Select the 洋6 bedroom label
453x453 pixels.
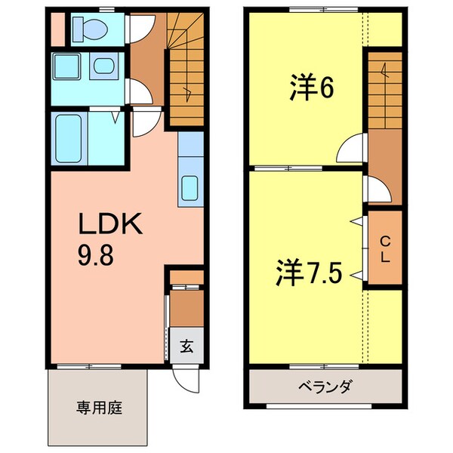coord(310,88)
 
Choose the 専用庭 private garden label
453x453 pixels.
coord(99,408)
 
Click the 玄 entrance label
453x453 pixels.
coord(185,349)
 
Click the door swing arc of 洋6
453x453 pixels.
coord(351,149)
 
